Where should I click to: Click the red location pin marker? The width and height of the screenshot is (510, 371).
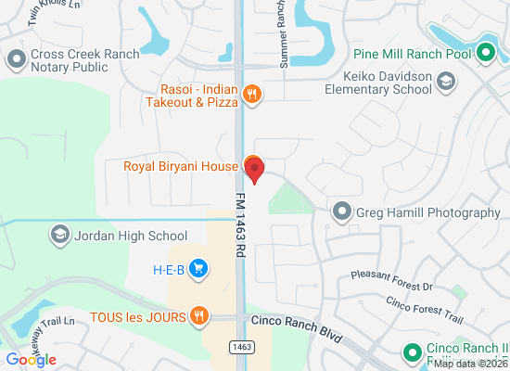coord(254,169)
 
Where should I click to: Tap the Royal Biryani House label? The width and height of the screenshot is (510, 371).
coord(181,167)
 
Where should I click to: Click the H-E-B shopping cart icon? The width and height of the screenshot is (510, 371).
coord(198,270)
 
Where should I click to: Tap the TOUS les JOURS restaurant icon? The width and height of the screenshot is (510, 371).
coord(198,316)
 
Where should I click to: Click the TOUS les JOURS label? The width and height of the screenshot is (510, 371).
coord(139,316)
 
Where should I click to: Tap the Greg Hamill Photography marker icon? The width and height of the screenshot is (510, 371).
coord(343,212)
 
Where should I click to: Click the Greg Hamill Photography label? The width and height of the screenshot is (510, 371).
coord(428,212)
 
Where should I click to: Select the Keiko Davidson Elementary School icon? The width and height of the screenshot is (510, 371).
coord(446,83)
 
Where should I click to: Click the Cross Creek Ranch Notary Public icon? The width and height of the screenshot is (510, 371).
coord(16,61)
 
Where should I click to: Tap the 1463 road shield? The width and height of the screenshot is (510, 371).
coord(240,346)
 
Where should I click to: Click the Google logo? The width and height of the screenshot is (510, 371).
coord(31,359)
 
